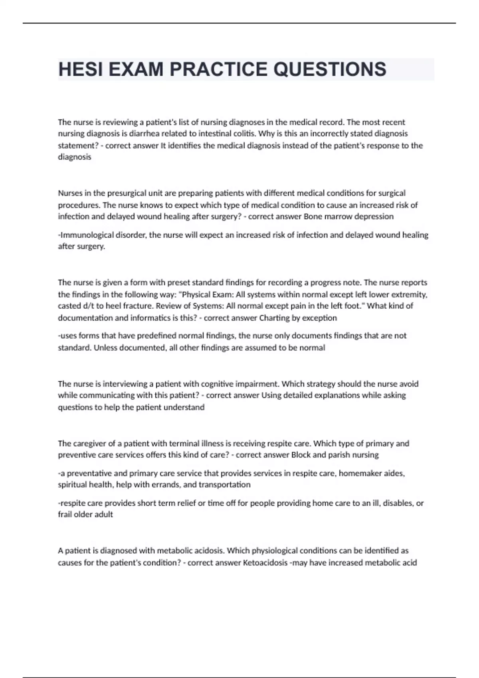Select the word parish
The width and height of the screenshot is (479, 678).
339,455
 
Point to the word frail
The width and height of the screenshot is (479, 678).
65,514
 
